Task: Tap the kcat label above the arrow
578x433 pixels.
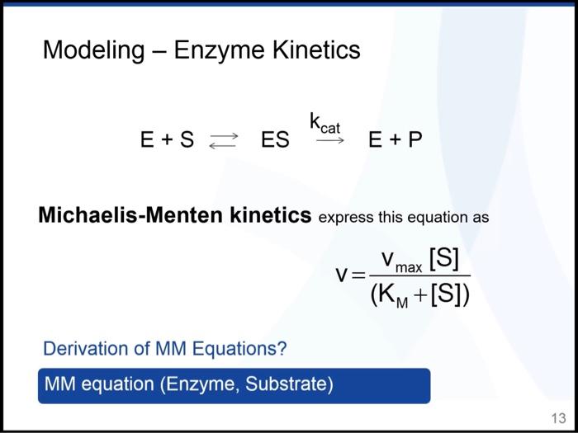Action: tap(325, 123)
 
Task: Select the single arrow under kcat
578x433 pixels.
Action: tap(330, 141)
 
